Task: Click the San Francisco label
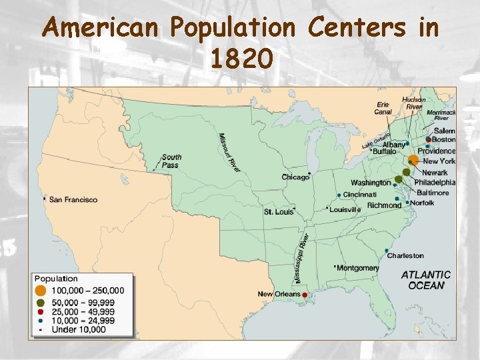pos(73,199)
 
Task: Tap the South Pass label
pos(171,161)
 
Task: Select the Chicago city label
pos(295,177)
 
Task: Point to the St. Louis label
pos(279,212)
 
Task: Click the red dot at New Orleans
pos(305,295)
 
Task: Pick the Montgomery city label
pos(358,268)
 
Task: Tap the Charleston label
pos(405,255)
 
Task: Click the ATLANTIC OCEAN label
pos(425,279)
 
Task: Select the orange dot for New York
pos(413,160)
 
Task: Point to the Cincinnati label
pos(360,194)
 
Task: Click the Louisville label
pos(345,209)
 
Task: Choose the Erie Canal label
pos(383,108)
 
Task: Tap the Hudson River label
pos(413,103)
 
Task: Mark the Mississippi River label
pos(301,257)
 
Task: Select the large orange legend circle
pos(41,291)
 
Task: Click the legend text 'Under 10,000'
pos(78,329)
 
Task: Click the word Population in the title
pos(231,28)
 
